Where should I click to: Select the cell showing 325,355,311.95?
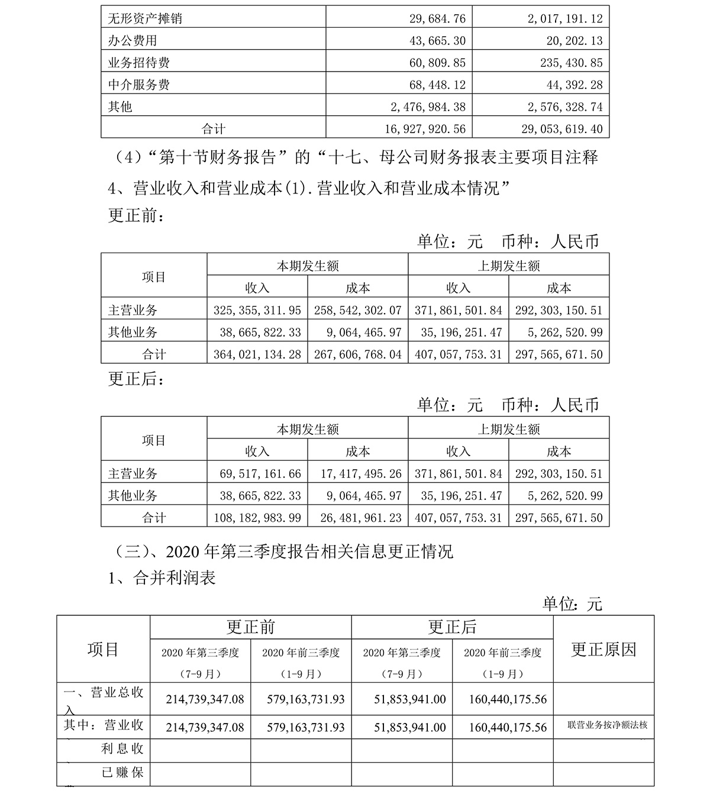(257, 310)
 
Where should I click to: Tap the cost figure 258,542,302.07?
(358, 310)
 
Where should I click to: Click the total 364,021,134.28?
(257, 354)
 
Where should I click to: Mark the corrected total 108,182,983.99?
(257, 518)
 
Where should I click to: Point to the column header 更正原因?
(603, 650)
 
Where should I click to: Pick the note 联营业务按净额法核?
(603, 725)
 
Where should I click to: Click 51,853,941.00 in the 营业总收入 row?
(410, 699)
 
